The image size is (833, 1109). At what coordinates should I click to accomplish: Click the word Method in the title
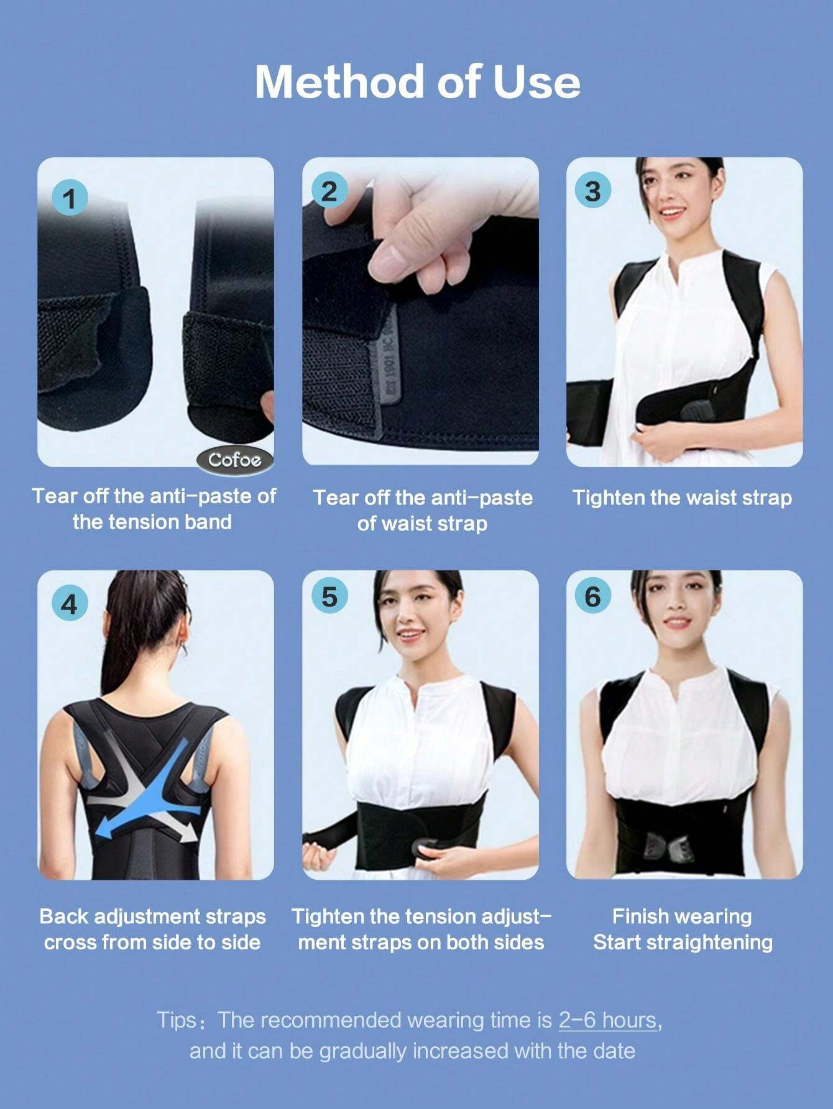coord(340,81)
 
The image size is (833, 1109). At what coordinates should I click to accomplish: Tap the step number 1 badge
coord(69,198)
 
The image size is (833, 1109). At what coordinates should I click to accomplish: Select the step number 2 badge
coord(328,190)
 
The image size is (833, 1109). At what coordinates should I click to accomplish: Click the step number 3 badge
coord(592,190)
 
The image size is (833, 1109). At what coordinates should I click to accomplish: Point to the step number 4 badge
coord(69,603)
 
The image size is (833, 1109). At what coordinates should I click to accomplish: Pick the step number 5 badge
coord(328,596)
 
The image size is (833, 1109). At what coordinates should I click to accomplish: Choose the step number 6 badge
coord(592,596)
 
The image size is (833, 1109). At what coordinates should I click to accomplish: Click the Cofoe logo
coord(235,460)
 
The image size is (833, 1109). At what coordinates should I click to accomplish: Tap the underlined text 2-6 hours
coord(607,1020)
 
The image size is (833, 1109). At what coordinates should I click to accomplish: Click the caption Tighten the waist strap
coord(682,498)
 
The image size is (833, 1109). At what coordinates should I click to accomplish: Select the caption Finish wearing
coord(682,916)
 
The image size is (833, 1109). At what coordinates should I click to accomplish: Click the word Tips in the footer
coord(177,1020)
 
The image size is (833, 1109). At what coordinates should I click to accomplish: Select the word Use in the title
coord(536,81)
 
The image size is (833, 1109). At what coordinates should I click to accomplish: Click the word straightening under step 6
coord(711,942)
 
